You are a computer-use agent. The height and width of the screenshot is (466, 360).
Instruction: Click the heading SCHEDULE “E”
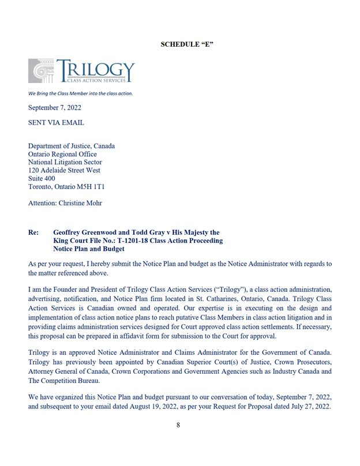click(x=187, y=44)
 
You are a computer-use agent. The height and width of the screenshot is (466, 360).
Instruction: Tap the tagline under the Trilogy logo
click(x=80, y=93)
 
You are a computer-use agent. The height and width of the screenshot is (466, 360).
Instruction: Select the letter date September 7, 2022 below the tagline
click(x=55, y=108)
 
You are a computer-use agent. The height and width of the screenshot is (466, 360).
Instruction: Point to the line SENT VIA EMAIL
click(x=56, y=122)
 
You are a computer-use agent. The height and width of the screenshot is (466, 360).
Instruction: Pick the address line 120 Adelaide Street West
click(x=64, y=171)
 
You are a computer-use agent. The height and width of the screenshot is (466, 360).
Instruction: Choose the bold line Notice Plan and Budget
click(x=88, y=249)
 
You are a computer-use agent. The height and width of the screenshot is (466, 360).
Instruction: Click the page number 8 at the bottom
click(x=179, y=425)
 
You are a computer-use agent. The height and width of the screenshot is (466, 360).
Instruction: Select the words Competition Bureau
click(x=89, y=381)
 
